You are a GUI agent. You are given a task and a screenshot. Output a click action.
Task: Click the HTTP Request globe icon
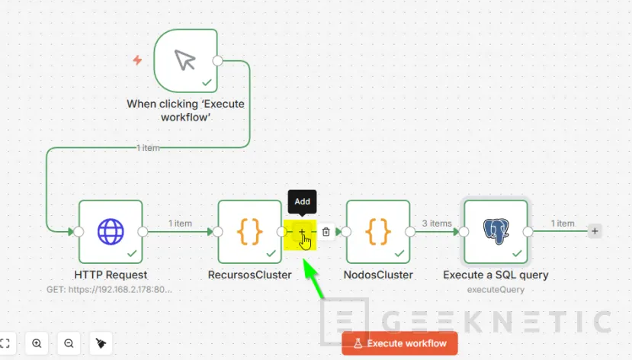pyautogui.click(x=111, y=231)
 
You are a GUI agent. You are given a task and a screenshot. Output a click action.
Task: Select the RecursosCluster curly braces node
pyautogui.click(x=250, y=231)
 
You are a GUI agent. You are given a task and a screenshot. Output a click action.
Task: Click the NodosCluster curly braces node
pyautogui.click(x=378, y=231)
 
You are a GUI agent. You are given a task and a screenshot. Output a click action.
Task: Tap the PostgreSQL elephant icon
pyautogui.click(x=496, y=231)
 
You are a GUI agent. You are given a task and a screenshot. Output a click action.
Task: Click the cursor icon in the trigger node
pyautogui.click(x=185, y=60)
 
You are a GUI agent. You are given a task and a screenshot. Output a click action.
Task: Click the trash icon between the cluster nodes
pyautogui.click(x=326, y=232)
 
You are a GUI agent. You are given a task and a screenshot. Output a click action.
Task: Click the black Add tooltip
pyautogui.click(x=303, y=202)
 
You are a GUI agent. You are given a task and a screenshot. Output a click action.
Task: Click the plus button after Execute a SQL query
pyautogui.click(x=595, y=231)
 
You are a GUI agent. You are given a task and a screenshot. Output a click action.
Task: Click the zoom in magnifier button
pyautogui.click(x=37, y=343)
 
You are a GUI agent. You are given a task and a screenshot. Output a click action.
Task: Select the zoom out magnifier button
pyautogui.click(x=69, y=343)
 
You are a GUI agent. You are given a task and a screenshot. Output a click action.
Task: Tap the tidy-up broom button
pyautogui.click(x=101, y=343)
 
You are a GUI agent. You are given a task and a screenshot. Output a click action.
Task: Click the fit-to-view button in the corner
pyautogui.click(x=5, y=343)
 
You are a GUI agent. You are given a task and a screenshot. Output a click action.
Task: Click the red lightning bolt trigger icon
pyautogui.click(x=137, y=60)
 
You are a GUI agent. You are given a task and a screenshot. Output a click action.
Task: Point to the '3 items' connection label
pyautogui.click(x=436, y=223)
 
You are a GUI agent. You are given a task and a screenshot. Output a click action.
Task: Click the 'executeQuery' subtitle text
pyautogui.click(x=496, y=289)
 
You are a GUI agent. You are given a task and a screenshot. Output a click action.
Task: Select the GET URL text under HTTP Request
pyautogui.click(x=111, y=289)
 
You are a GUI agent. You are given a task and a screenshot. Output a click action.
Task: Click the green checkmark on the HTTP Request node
pyautogui.click(x=132, y=252)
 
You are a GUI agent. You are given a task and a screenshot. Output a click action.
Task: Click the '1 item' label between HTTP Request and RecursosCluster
pyautogui.click(x=180, y=223)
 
